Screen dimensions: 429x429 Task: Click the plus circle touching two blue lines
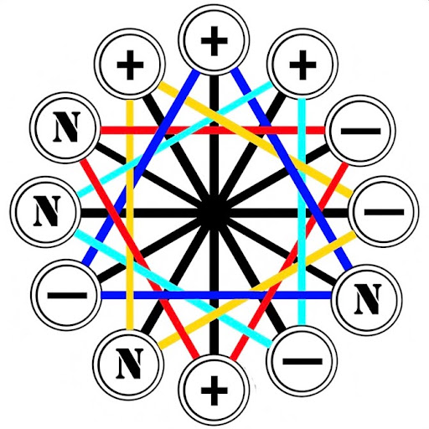coord(214,40)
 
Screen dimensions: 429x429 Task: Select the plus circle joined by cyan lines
coord(302,64)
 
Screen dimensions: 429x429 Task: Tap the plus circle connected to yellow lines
coord(130,64)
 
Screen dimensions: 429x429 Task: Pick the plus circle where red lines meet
coord(214,390)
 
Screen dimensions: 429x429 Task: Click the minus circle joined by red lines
coord(360,131)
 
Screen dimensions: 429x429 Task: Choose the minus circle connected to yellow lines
coord(384,211)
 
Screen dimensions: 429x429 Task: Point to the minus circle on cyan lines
coord(302,360)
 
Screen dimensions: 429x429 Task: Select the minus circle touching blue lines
coord(66,295)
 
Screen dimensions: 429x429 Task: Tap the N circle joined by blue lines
coord(367,300)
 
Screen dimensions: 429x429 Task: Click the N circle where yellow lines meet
coord(129,364)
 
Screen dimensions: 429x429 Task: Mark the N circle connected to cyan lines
coord(46,211)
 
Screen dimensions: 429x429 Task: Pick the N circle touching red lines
coord(66,127)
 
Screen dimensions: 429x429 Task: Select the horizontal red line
coord(213,130)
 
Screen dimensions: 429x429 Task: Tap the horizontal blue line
coord(216,295)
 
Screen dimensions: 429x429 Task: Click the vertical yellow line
coord(130,214)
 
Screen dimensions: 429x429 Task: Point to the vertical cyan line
coord(302,212)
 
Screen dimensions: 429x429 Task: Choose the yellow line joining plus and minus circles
coord(256,139)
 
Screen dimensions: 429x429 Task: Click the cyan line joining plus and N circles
coord(175,139)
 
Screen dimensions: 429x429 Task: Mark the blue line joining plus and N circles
coord(292,169)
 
